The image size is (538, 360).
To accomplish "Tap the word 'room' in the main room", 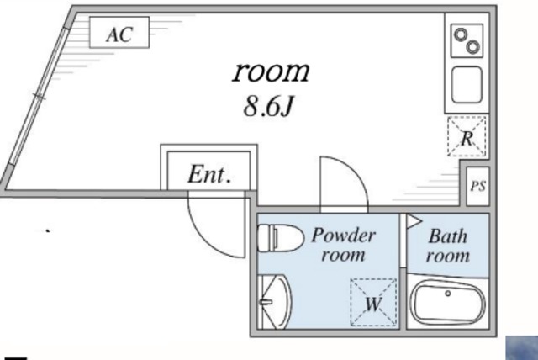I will tap(271, 71).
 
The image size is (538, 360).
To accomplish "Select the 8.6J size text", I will tap(267, 109).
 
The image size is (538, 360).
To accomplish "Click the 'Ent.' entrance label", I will tap(208, 175).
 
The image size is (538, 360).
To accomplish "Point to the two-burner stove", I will tap(464, 39).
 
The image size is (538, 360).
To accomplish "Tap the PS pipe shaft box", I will tap(477, 186).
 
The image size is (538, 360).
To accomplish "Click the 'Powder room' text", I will tap(343, 245).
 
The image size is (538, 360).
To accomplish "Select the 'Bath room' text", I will tap(447, 246).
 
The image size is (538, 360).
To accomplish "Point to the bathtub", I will tap(449, 302).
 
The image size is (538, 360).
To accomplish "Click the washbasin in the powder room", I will tap(274, 301).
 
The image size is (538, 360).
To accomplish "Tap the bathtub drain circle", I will tap(449, 294).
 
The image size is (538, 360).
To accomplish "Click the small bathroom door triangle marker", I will tap(414, 221).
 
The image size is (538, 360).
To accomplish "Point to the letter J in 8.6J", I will tap(286, 109).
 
